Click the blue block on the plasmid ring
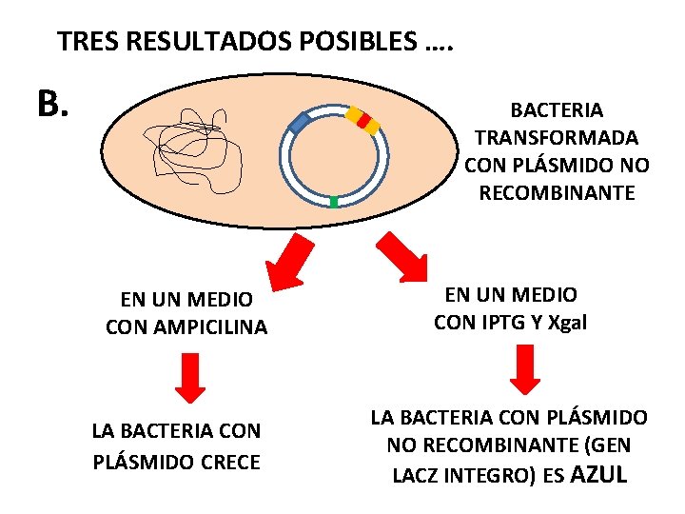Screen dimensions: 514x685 (300, 123)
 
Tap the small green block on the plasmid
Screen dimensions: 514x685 (333, 202)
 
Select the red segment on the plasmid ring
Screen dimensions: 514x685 (363, 120)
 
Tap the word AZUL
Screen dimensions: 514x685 (597, 474)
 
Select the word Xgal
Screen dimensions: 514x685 (567, 323)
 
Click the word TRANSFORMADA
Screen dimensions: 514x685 (557, 138)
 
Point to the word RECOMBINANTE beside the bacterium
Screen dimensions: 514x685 (557, 193)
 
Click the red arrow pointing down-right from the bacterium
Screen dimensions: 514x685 (404, 255)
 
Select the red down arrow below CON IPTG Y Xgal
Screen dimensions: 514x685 (525, 369)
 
